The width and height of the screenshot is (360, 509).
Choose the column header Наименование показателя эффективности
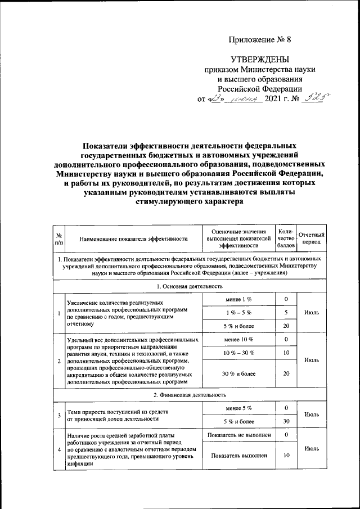click(133, 238)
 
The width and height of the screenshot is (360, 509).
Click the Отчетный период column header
click(311, 238)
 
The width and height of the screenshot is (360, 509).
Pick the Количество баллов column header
click(286, 238)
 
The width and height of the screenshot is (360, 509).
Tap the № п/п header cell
click(59, 238)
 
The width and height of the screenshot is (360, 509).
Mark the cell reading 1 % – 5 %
click(238, 312)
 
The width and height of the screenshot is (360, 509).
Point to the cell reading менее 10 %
click(238, 339)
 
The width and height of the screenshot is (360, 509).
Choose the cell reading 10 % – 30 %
click(238, 353)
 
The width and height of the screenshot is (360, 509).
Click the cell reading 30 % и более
click(238, 373)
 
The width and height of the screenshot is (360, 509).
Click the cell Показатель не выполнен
click(238, 435)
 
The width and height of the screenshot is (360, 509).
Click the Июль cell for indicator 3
click(311, 414)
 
